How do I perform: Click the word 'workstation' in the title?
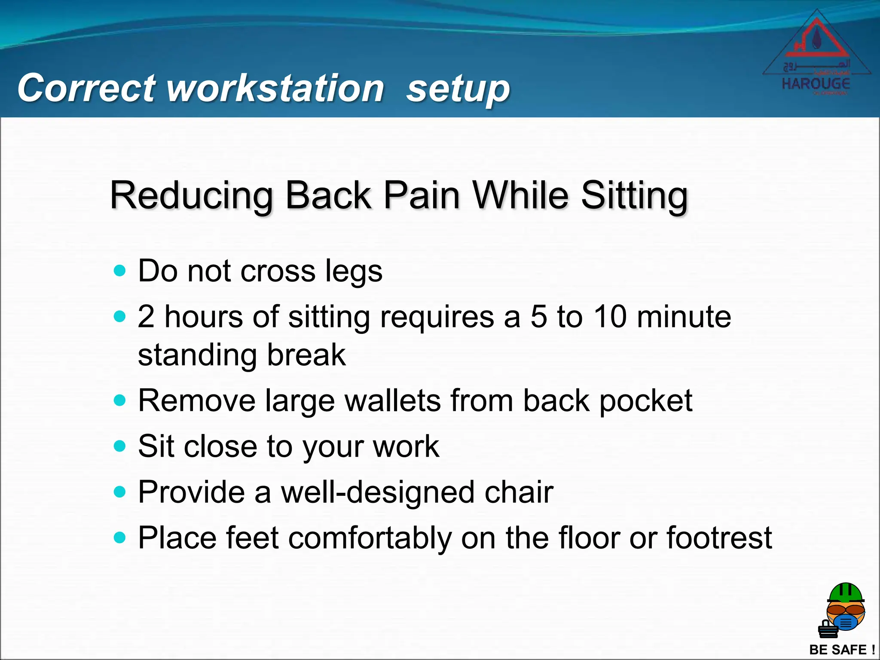[275, 88]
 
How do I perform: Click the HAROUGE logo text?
[816, 83]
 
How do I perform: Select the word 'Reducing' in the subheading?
[191, 196]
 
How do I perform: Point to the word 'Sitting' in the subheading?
[634, 196]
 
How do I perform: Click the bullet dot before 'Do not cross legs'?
[120, 271]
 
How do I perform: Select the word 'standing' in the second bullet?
[197, 356]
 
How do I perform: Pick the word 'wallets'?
[393, 400]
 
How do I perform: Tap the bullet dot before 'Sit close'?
[120, 446]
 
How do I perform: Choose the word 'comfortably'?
[370, 538]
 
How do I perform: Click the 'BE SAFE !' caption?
[842, 649]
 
